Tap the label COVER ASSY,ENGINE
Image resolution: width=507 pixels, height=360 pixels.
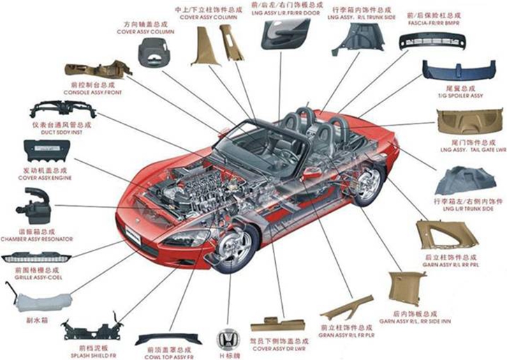coord(47,178)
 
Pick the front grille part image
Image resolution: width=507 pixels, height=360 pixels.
coord(35,257)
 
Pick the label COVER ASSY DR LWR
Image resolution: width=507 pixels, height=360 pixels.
coord(278,349)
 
